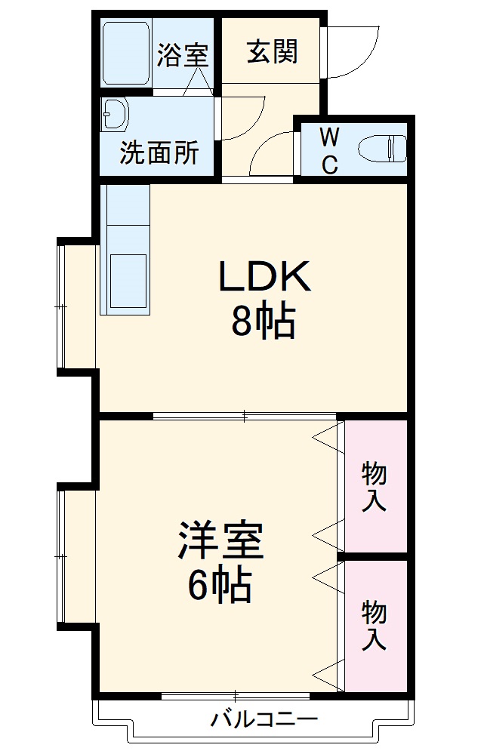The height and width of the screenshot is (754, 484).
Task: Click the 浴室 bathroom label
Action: click(x=182, y=56)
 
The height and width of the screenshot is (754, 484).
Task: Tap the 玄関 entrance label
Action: click(x=273, y=51)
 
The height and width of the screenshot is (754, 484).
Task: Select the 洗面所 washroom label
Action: click(x=159, y=153)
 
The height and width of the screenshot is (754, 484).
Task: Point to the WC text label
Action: click(x=329, y=150)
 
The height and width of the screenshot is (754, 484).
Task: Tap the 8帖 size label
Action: click(x=262, y=322)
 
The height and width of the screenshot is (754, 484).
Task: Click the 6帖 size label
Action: click(x=219, y=584)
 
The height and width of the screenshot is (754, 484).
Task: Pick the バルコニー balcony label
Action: click(x=264, y=718)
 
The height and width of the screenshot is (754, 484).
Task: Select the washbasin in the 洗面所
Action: click(x=116, y=114)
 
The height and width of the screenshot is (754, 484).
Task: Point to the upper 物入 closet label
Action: click(x=375, y=488)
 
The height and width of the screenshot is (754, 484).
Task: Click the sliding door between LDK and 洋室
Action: click(x=245, y=414)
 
